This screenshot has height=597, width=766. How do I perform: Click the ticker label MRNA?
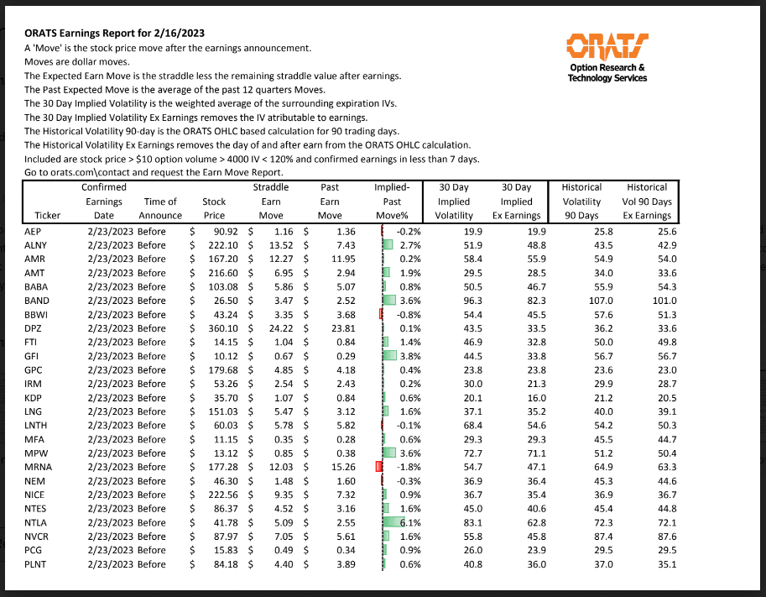click(38, 467)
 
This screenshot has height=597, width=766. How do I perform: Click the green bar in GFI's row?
click(388, 356)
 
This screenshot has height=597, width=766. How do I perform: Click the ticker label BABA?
click(37, 286)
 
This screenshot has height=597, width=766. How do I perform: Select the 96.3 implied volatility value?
click(454, 301)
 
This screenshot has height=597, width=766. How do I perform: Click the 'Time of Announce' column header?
click(160, 208)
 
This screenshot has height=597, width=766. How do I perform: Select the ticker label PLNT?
click(37, 564)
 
